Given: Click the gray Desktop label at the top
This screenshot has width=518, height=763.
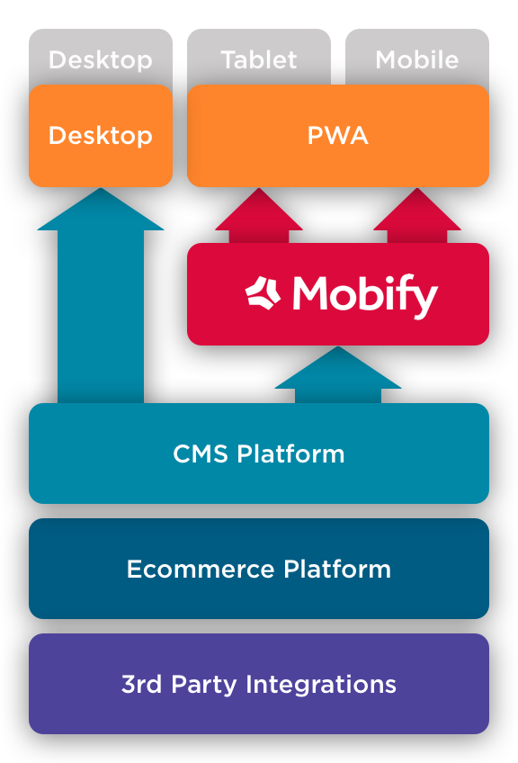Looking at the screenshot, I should coord(100,60).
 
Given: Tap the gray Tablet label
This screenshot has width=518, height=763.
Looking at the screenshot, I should coord(258,60).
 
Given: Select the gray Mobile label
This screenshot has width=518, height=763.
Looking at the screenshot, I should coord(416,60).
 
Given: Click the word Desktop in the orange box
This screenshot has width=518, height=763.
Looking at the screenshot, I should coord(100,136).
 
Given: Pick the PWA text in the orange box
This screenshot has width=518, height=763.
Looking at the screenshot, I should coord(337,136).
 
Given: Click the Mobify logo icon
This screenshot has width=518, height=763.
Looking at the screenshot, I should coord(263,293).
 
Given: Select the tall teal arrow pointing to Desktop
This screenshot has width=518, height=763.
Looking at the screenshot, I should coord(101,297).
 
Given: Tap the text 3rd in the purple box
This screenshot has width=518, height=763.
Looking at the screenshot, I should coord(140,684).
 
